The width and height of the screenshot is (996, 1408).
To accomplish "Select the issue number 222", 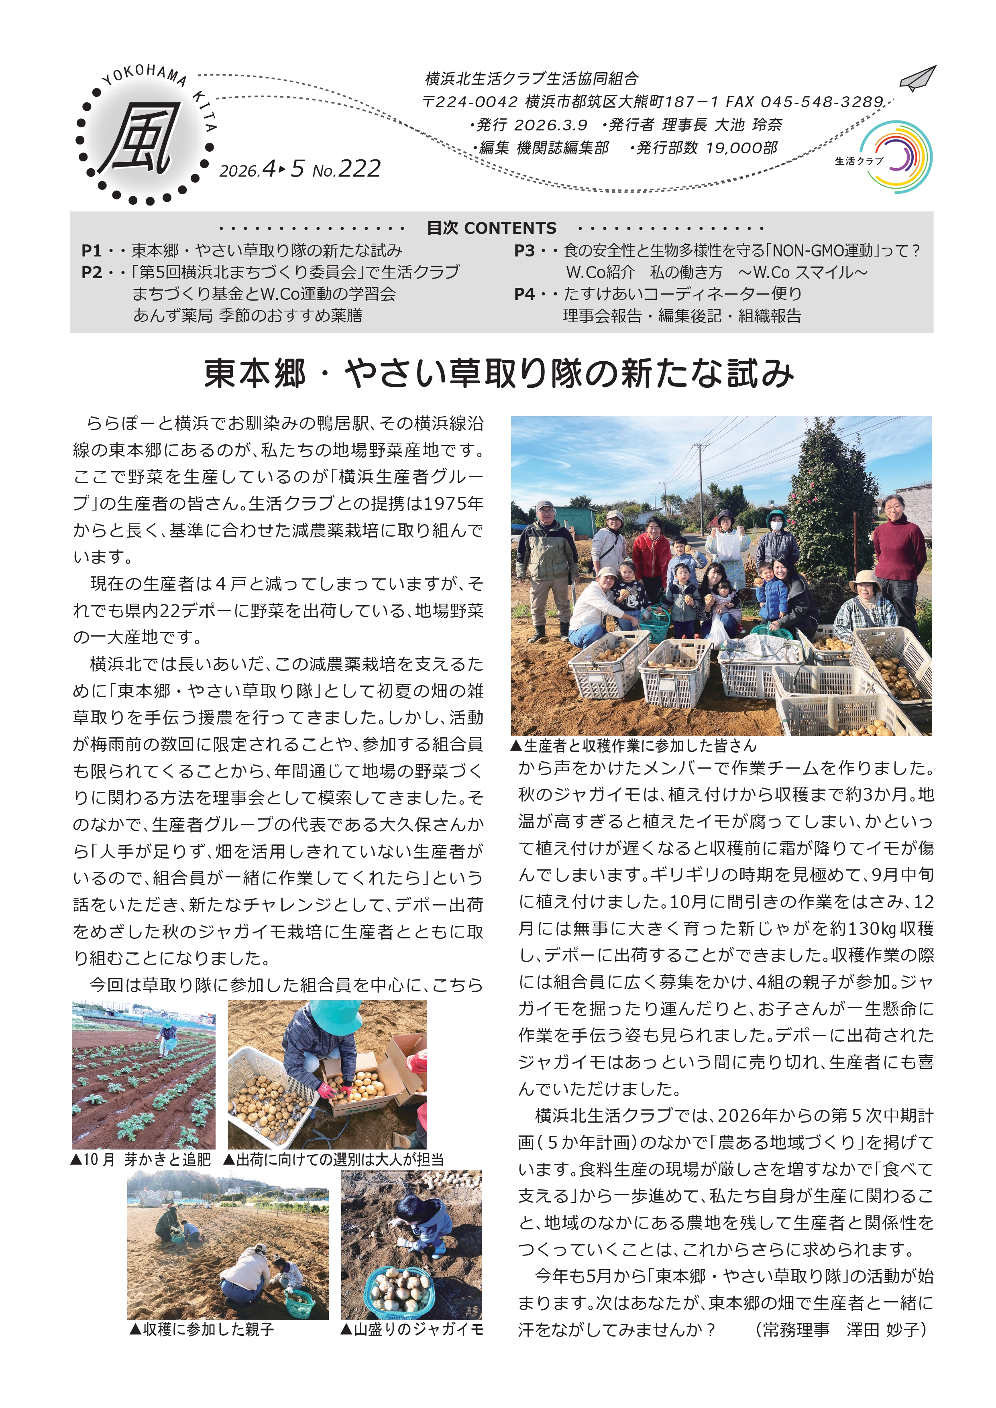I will pyautogui.click(x=359, y=169).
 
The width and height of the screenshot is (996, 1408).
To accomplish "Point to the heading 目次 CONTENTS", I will pyautogui.click(x=491, y=228).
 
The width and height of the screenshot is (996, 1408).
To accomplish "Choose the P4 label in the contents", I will pyautogui.click(x=524, y=294).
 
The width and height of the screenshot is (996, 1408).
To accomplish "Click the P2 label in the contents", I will pyautogui.click(x=92, y=272).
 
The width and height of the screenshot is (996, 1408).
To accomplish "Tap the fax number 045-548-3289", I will pyautogui.click(x=822, y=102).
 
